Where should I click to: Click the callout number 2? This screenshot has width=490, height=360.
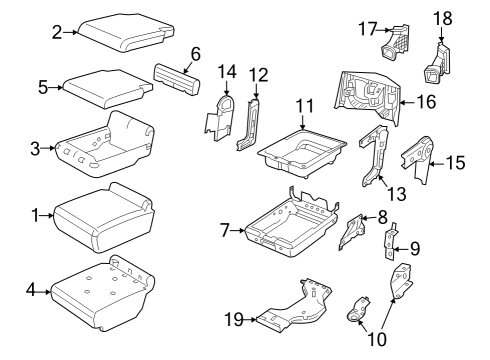(57, 33)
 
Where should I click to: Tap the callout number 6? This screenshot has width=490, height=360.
(195, 53)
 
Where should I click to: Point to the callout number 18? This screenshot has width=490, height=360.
(442, 18)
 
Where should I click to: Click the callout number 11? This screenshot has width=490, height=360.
(304, 105)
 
